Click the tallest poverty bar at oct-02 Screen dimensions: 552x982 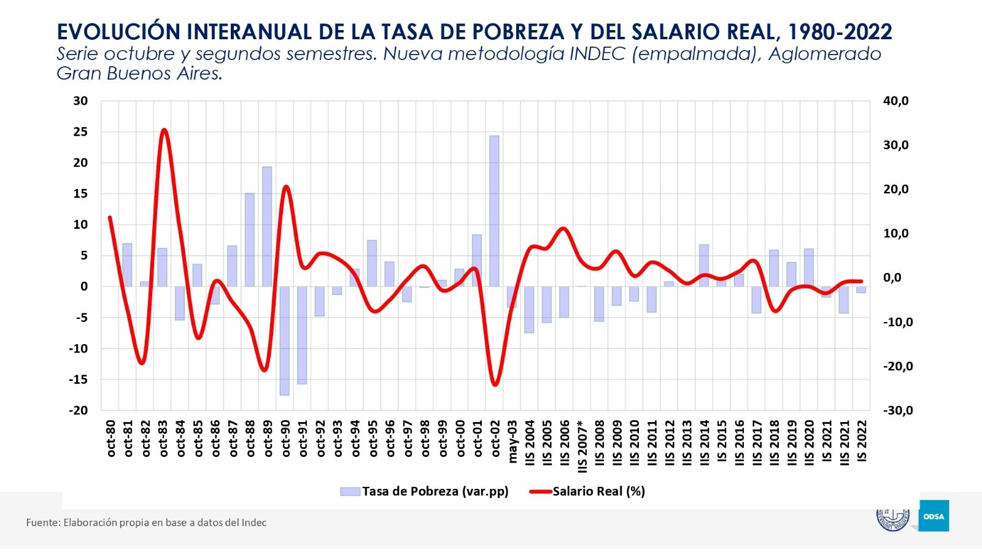pyautogui.click(x=494, y=211)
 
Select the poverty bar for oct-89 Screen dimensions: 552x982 pyautogui.click(x=267, y=226)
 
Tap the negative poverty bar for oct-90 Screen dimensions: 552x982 pyautogui.click(x=285, y=340)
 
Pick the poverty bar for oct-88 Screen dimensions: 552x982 pyautogui.click(x=249, y=240)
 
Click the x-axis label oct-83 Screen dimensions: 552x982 pyautogui.click(x=163, y=438)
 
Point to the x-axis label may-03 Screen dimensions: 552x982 pyautogui.click(x=512, y=441)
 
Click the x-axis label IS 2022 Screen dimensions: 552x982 pyautogui.click(x=862, y=441)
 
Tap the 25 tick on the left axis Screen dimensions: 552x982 pyautogui.click(x=80, y=132)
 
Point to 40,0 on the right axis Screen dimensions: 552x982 pyautogui.click(x=895, y=101)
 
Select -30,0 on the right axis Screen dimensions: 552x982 pyautogui.click(x=897, y=410)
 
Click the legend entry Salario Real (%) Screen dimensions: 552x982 pyautogui.click(x=598, y=491)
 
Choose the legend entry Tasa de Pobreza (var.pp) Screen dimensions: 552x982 pyautogui.click(x=435, y=491)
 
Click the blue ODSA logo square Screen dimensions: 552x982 pyautogui.click(x=934, y=516)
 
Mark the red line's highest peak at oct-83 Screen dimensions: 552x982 pyautogui.click(x=163, y=130)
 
